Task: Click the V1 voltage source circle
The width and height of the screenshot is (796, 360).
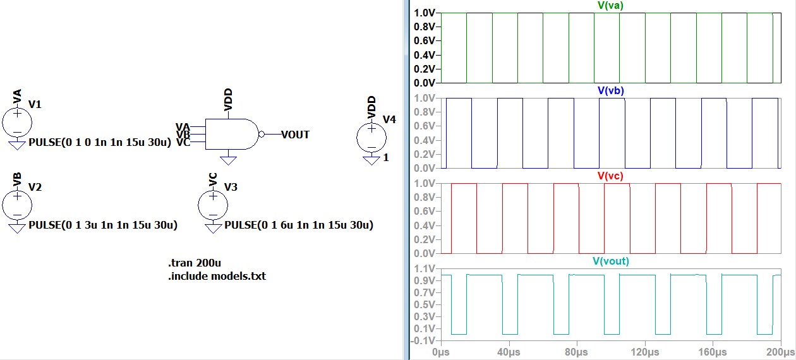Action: (x=18, y=121)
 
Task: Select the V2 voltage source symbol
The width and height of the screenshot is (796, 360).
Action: (x=18, y=203)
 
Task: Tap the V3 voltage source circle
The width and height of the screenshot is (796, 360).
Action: (x=213, y=203)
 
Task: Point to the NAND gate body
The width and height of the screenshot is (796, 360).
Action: (x=231, y=134)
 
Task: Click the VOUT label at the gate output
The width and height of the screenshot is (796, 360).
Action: (x=295, y=135)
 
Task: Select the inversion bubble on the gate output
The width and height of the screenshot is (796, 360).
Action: (x=262, y=134)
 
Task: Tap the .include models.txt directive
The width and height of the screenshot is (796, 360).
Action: (x=217, y=276)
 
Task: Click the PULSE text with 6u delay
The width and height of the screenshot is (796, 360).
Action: (x=299, y=225)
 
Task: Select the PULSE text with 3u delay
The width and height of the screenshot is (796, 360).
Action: (x=103, y=225)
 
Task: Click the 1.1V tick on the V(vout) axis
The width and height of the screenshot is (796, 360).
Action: (x=424, y=268)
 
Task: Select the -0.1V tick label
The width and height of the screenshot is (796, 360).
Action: (x=423, y=340)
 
